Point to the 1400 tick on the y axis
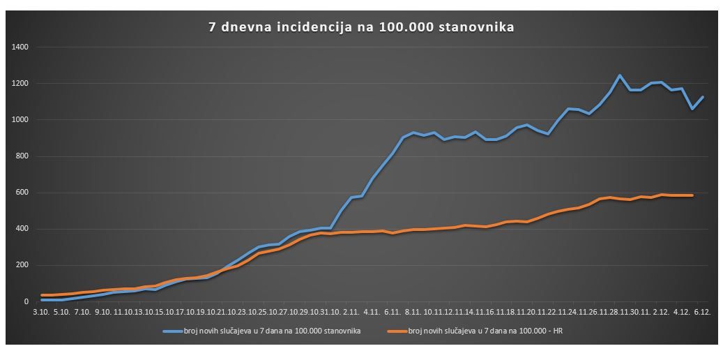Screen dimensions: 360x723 click(x=20, y=47)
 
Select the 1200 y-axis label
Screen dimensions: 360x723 click(x=20, y=84)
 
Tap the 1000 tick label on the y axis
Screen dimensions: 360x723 click(x=20, y=120)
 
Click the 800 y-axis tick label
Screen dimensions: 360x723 click(x=22, y=156)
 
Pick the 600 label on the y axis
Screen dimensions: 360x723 click(x=22, y=193)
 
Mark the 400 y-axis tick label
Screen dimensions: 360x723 click(x=22, y=229)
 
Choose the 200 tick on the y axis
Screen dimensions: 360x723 click(x=22, y=265)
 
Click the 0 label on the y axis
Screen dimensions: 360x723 click(x=26, y=301)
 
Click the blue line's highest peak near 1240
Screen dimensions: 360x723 click(x=619, y=75)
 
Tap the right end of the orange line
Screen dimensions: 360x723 click(x=692, y=195)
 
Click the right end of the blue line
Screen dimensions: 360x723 click(x=703, y=97)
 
